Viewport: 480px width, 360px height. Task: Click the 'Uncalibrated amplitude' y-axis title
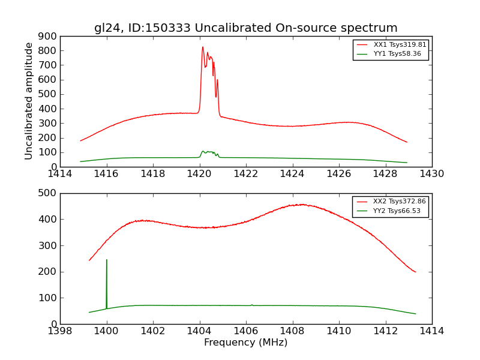pyautogui.click(x=29, y=101)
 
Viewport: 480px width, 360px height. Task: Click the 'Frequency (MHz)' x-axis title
pyautogui.click(x=245, y=343)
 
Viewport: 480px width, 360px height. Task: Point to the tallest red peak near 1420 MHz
pyautogui.click(x=203, y=47)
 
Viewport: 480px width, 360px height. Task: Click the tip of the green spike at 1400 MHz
pyautogui.click(x=107, y=260)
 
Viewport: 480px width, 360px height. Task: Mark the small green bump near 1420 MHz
pyautogui.click(x=203, y=151)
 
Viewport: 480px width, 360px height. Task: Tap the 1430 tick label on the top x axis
pyautogui.click(x=431, y=174)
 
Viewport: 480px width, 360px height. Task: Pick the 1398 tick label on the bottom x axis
pyautogui.click(x=61, y=331)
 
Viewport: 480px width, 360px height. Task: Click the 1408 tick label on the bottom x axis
pyautogui.click(x=292, y=331)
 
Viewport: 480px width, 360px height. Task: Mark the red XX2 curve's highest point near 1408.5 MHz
pyautogui.click(x=303, y=205)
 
